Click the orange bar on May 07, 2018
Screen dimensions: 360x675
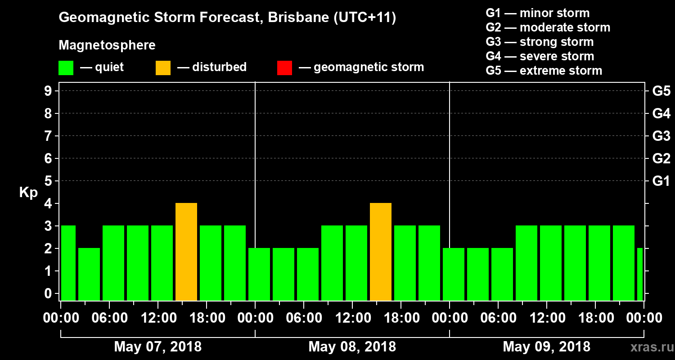(186, 252)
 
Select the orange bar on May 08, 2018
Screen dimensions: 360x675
(381, 252)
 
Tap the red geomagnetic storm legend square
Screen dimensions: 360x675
(284, 68)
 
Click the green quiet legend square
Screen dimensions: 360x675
(66, 68)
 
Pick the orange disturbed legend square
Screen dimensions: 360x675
(163, 68)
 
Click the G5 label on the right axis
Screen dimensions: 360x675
(661, 91)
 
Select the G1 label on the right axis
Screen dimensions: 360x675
(661, 181)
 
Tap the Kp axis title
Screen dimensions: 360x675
(28, 193)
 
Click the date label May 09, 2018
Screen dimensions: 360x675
(546, 347)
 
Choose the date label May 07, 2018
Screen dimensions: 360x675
(157, 347)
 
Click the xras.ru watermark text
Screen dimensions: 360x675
(649, 347)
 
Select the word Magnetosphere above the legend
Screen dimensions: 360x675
(107, 45)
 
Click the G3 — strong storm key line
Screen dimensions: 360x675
(540, 42)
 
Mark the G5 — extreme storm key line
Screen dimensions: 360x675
(544, 71)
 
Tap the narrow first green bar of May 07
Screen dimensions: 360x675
(68, 263)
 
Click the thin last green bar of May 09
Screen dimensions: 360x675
(640, 274)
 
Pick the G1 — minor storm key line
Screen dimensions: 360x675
(537, 13)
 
